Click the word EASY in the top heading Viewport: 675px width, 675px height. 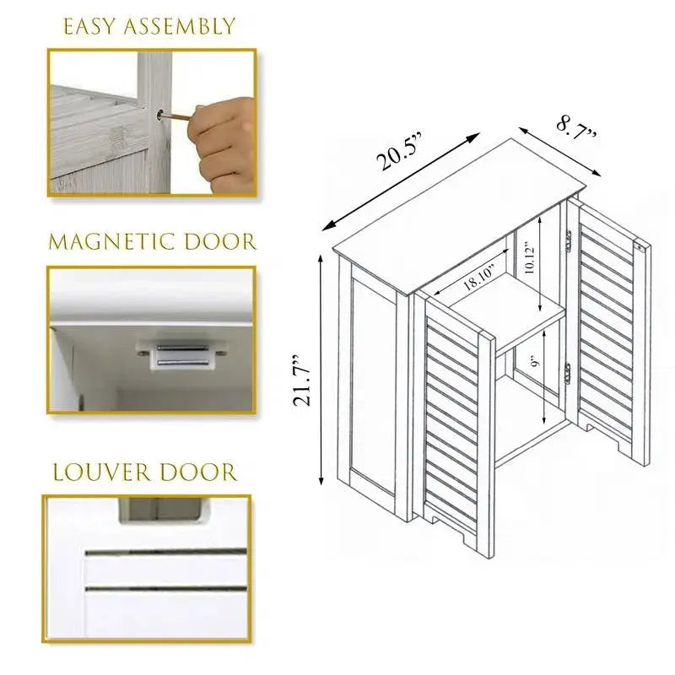click(x=91, y=27)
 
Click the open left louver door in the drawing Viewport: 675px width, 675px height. click(x=456, y=413)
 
